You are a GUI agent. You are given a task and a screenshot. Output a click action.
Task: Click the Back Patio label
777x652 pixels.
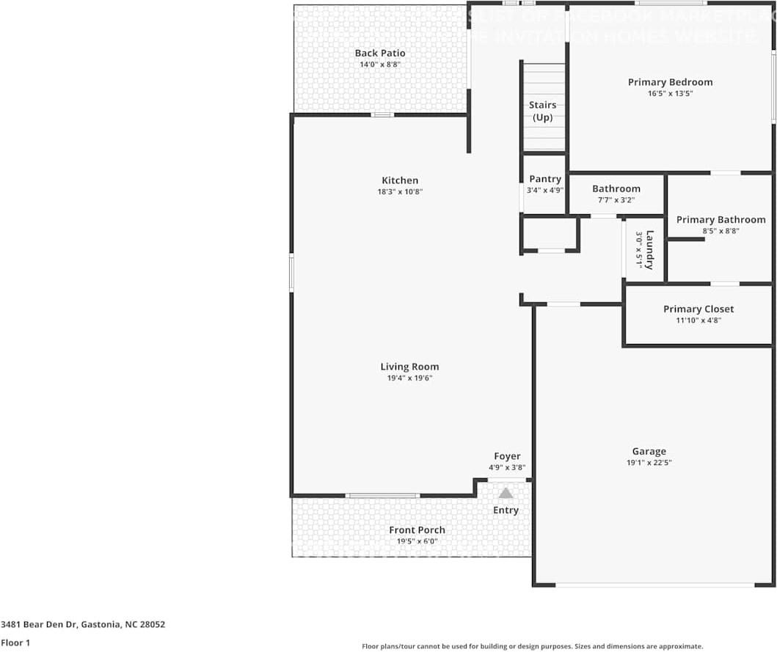point(380,53)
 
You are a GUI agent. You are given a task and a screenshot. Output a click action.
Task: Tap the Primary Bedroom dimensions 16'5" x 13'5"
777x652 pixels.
point(670,94)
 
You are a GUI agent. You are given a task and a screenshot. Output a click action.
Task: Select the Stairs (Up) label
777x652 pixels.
point(542,111)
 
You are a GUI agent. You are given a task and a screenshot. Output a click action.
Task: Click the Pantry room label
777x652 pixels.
point(545,179)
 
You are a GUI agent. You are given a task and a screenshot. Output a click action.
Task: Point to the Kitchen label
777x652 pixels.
point(400,180)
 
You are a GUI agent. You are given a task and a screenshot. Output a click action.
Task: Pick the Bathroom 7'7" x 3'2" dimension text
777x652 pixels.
point(616,199)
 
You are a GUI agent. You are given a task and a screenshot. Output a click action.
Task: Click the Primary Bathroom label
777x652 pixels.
point(721,219)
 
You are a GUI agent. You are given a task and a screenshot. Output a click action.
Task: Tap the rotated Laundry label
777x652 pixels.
point(649,249)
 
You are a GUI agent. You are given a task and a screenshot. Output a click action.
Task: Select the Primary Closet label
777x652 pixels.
point(698,309)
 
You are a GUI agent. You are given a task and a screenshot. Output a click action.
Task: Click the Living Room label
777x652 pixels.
point(409,367)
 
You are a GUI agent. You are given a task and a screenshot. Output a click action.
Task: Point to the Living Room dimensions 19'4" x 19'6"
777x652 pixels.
point(409,378)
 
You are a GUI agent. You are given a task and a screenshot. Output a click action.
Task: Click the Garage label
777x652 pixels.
point(649,452)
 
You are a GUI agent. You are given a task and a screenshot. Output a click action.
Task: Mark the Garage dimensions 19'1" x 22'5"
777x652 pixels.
point(649,463)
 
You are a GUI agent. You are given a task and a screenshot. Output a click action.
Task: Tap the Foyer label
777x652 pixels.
point(507,456)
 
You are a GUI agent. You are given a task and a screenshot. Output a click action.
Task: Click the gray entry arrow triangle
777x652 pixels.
point(506,493)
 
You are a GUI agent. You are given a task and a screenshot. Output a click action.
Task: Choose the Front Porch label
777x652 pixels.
point(417,530)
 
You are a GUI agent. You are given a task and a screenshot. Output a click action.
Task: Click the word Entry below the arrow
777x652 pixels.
point(506,510)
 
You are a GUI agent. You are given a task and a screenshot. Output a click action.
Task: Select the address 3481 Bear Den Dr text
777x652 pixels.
point(83,625)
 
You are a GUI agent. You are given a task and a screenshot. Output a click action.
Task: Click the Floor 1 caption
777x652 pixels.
point(15,642)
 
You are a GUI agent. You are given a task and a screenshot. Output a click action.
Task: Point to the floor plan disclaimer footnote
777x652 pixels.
point(533,647)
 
